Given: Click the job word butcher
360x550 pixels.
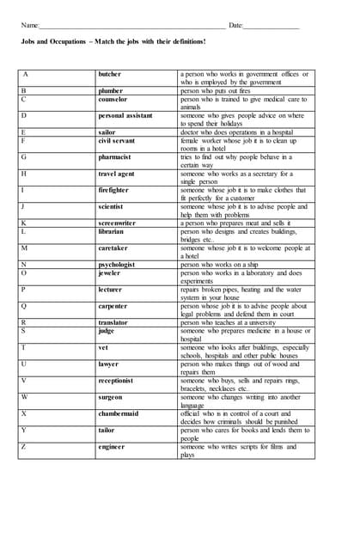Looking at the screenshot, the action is tap(110, 75).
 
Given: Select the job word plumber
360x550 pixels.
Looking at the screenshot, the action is tap(111, 90).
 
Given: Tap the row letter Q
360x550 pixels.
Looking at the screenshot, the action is tap(24, 306).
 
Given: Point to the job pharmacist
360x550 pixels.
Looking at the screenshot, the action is tap(115, 157).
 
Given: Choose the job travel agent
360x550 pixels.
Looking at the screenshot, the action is tap(116, 174).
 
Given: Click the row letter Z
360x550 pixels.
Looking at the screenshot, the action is tap(24, 447).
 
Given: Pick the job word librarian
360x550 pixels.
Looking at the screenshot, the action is tap(112, 231).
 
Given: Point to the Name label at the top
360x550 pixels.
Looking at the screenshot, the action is tap(30, 25).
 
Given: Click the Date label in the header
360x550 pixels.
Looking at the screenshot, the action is tap(235, 25).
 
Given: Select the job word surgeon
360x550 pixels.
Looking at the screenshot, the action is tap(111, 397).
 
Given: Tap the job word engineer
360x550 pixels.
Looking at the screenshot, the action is tap(112, 447).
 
